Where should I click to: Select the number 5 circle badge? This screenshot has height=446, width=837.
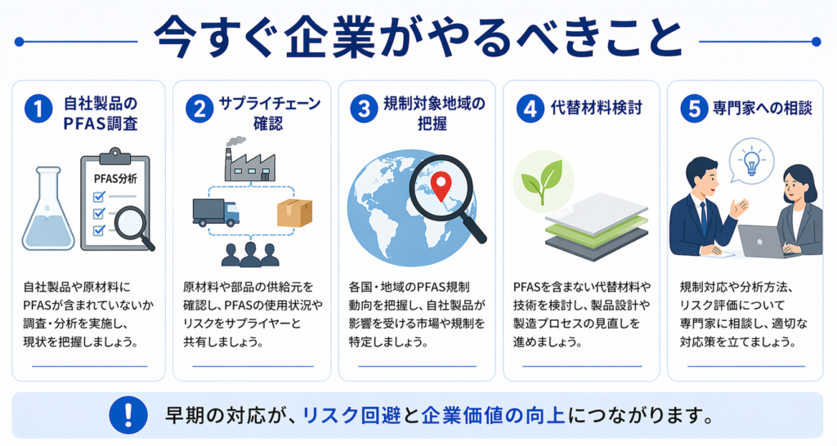tap(696, 111)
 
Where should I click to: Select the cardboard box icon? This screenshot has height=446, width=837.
tap(293, 212)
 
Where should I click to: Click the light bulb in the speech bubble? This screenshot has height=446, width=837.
tap(749, 156)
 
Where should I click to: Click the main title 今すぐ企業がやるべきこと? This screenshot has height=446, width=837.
tap(418, 38)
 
